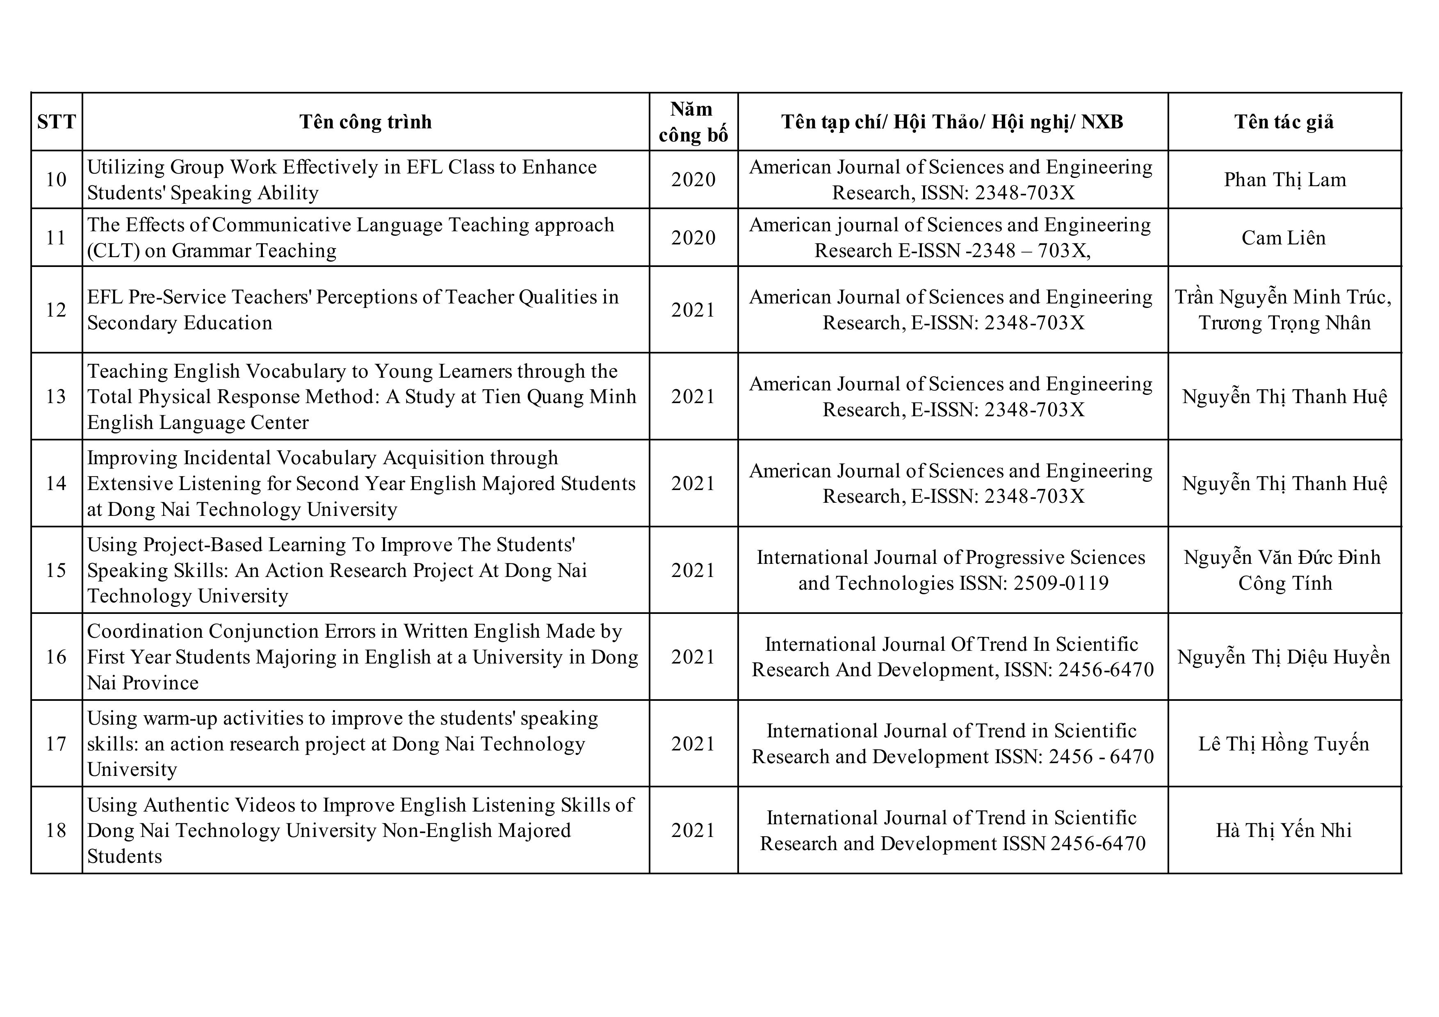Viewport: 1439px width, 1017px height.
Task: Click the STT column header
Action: (x=57, y=121)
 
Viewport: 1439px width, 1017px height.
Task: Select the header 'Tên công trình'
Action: (x=365, y=121)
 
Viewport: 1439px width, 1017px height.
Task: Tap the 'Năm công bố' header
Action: (x=693, y=121)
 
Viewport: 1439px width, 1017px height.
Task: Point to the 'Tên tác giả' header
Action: (x=1284, y=121)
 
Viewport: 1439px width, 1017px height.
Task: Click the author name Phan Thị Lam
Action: (x=1285, y=180)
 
